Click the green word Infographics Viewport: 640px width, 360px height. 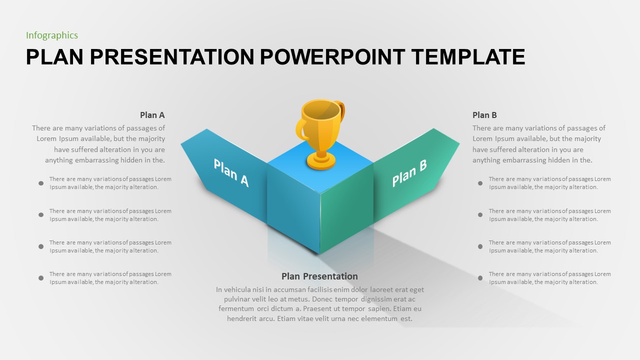point(52,35)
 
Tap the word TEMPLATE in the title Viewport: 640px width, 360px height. point(468,57)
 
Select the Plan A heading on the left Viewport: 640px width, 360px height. point(152,115)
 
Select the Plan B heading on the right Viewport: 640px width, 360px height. point(484,115)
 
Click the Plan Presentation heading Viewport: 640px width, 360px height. point(319,276)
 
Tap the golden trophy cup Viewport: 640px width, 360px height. point(320,120)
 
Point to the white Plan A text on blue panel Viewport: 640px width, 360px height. point(231,172)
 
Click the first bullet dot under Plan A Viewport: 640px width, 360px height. point(41,183)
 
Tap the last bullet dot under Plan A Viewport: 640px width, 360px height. point(41,278)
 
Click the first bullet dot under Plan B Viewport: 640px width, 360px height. point(480,183)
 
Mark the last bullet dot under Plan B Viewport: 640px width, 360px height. point(480,278)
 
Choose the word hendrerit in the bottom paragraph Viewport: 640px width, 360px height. point(243,318)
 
